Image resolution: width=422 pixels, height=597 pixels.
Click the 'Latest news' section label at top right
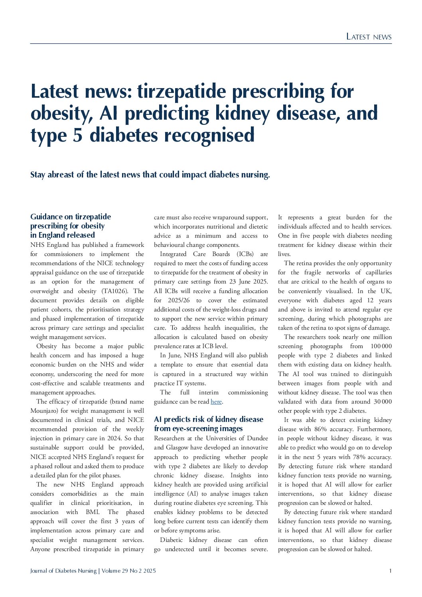pos(369,37)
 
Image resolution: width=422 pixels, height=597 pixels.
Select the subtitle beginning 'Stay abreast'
pos(150,175)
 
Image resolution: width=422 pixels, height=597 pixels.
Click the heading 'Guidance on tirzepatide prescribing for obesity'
pos(71,226)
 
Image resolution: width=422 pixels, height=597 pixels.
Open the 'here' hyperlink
pos(216,402)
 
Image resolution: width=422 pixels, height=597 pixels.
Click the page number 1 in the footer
pos(390,571)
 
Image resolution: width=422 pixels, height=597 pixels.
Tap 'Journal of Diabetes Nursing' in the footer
pos(63,571)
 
